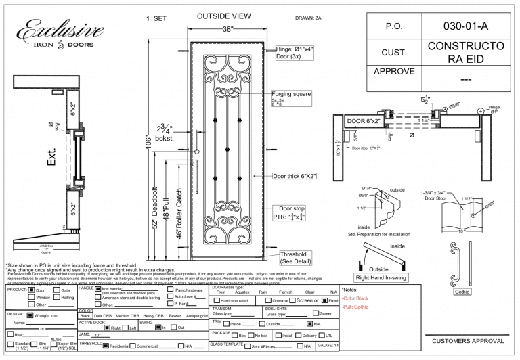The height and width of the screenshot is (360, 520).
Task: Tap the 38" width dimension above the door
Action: pos(227,29)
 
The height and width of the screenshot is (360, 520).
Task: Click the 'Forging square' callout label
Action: pos(290,94)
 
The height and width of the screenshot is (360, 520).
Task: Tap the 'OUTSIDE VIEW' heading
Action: pos(224,16)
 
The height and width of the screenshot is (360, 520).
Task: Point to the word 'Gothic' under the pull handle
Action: pos(462,292)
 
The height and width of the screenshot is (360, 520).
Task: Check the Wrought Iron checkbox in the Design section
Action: pos(30,315)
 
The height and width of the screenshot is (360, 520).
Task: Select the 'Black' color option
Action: pos(85,315)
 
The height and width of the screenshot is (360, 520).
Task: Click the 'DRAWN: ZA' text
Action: pos(309,18)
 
